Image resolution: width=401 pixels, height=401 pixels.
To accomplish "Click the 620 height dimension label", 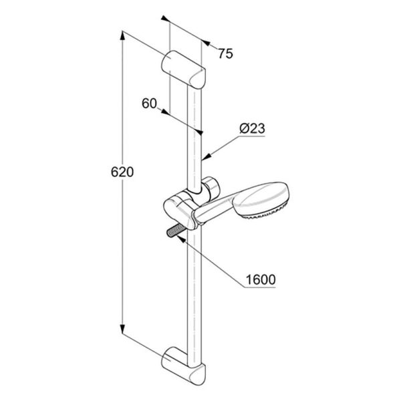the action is (x=122, y=172).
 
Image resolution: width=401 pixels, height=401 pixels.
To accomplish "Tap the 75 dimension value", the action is (x=226, y=53).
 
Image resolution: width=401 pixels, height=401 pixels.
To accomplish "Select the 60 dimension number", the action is (x=149, y=104).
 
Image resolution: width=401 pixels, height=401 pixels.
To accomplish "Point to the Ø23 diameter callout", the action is (x=252, y=128).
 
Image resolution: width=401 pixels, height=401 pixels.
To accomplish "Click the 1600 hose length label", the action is (x=261, y=279).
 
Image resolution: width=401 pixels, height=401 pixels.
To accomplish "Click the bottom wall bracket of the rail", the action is (x=183, y=366).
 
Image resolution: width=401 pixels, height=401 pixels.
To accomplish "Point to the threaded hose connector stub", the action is (x=174, y=231).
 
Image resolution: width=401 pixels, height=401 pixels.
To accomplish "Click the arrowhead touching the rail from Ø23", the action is (x=206, y=156).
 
